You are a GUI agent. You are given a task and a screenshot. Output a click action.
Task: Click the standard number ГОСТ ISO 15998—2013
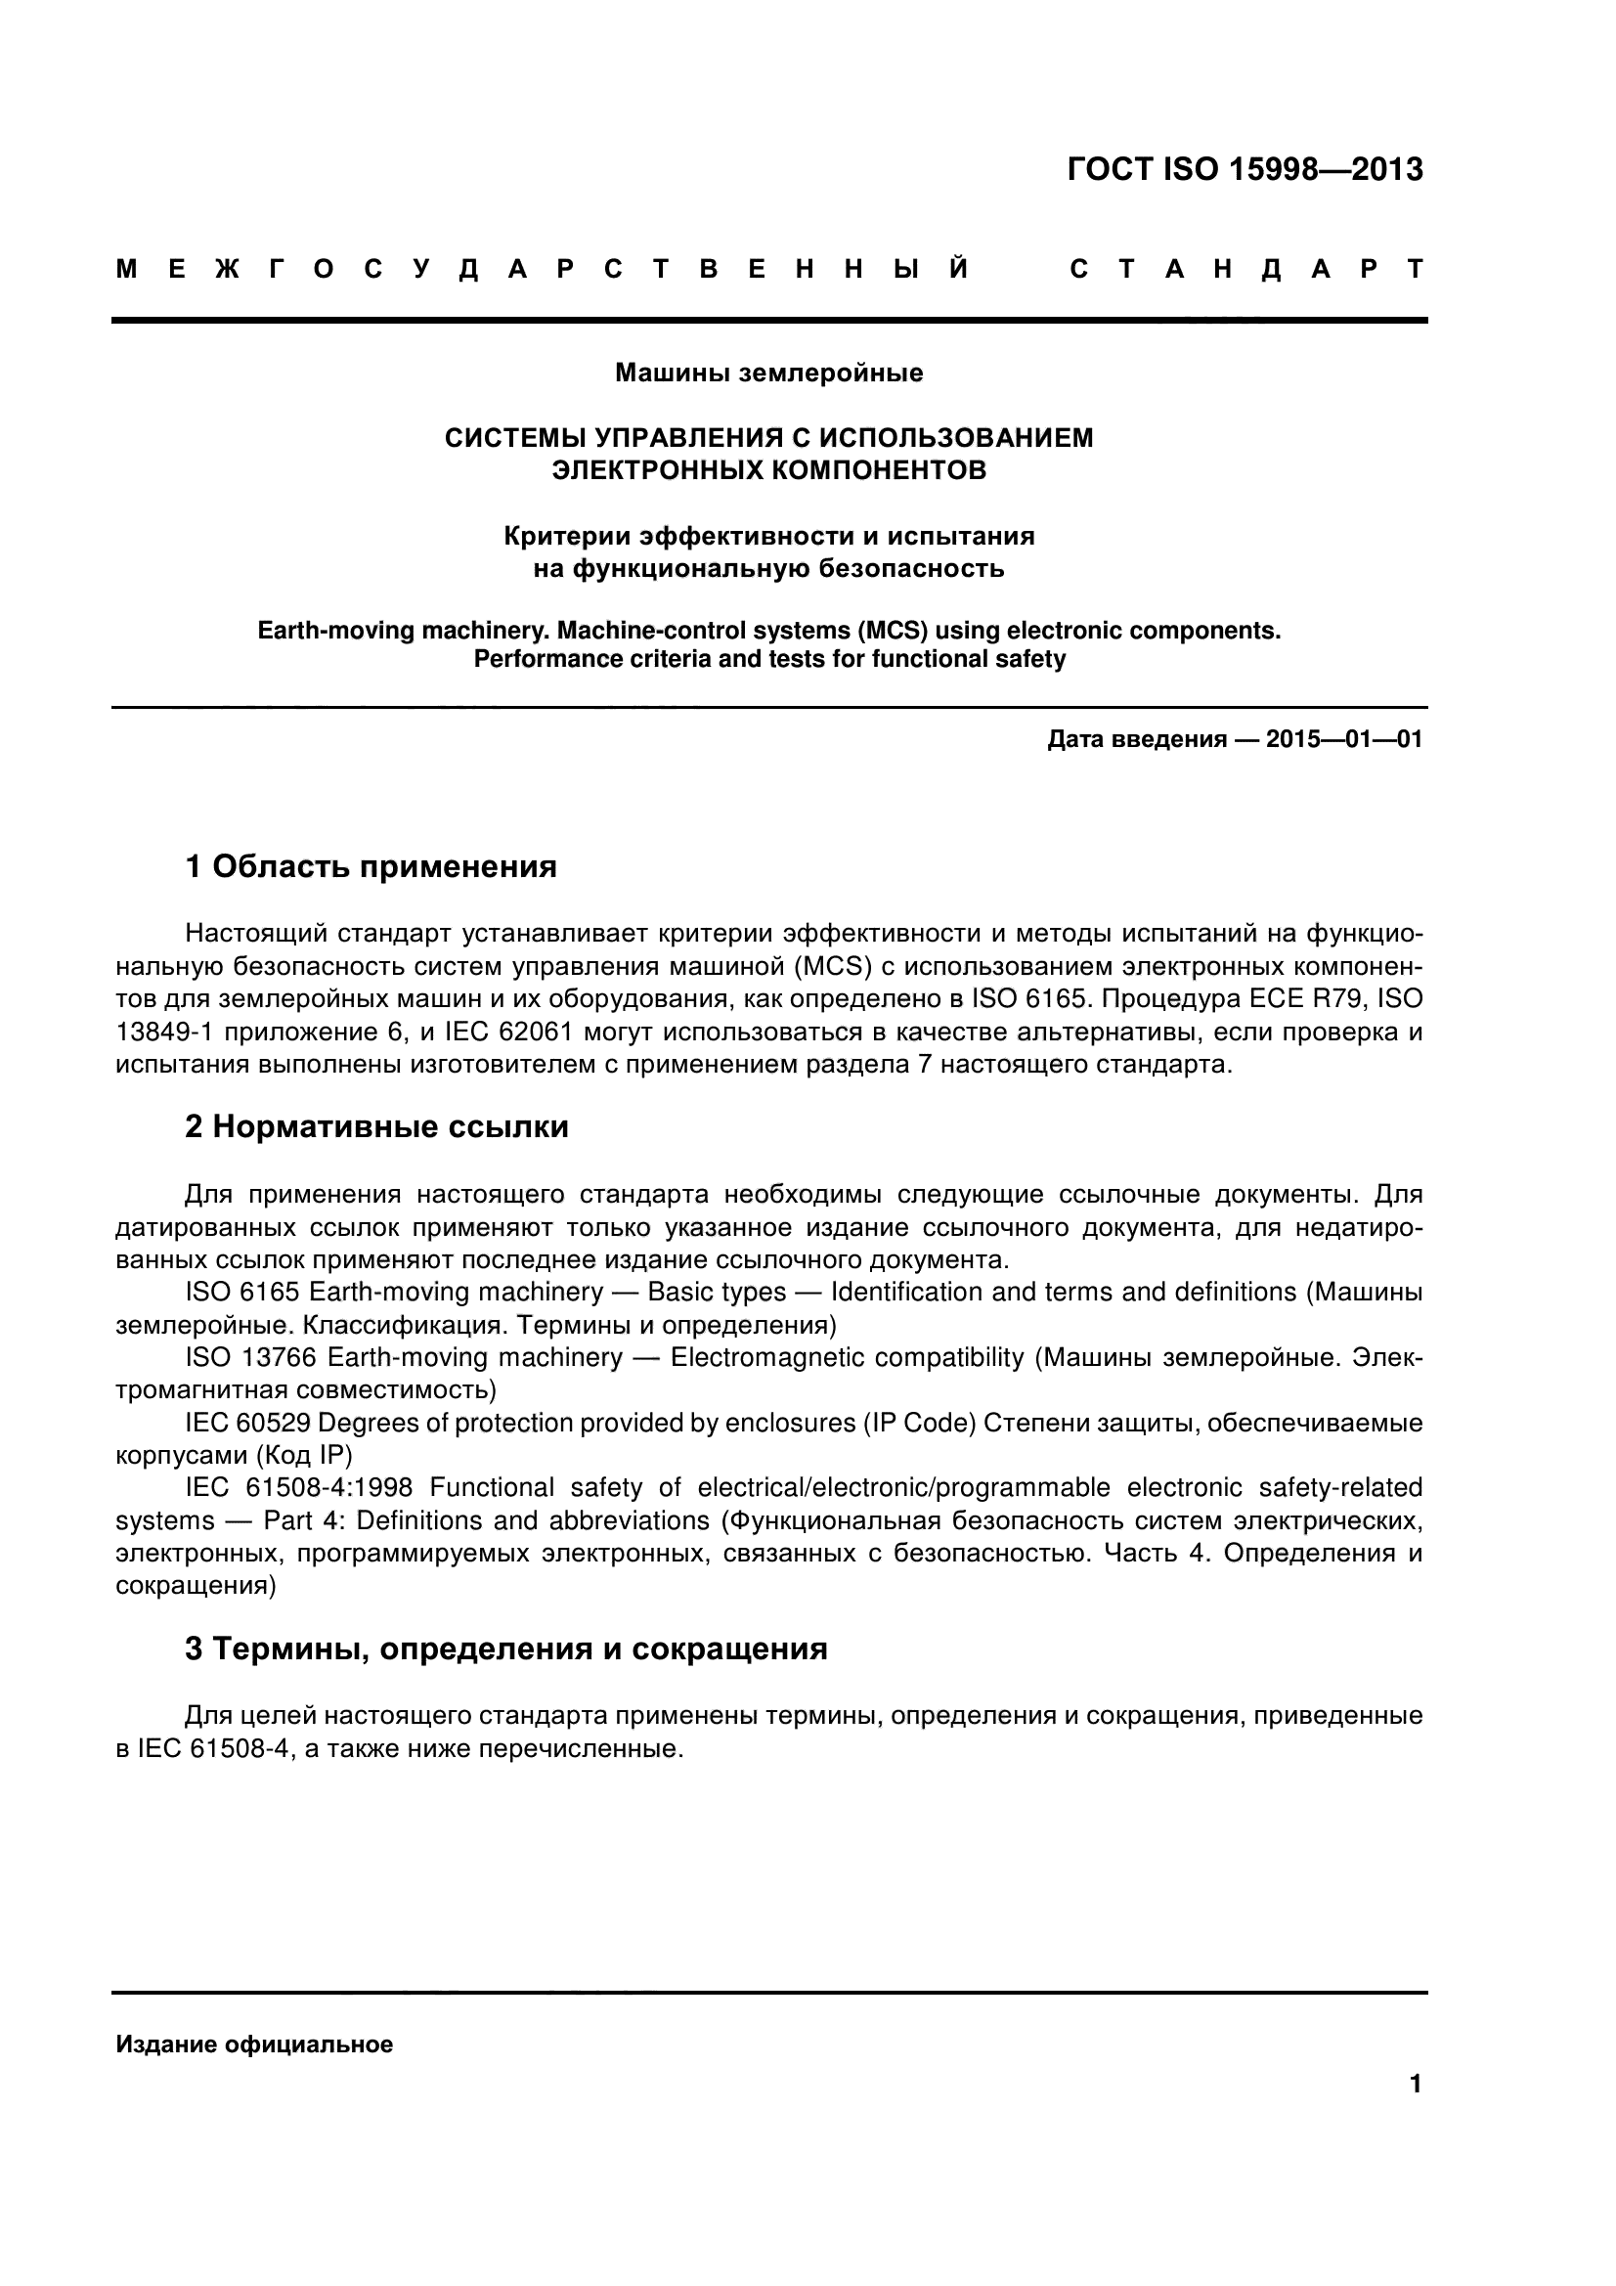[1244, 170]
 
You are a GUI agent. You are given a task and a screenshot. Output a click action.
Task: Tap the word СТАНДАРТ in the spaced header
[1246, 270]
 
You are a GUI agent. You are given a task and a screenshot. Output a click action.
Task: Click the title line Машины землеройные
[768, 374]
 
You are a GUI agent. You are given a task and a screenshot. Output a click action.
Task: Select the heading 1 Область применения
[371, 866]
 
